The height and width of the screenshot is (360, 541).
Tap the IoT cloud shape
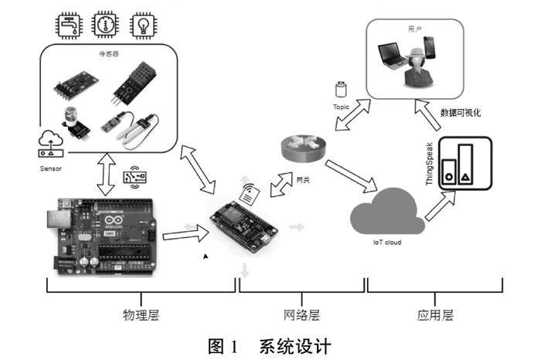384,210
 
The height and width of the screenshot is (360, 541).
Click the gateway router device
301,144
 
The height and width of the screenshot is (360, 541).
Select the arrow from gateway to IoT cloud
350,175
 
